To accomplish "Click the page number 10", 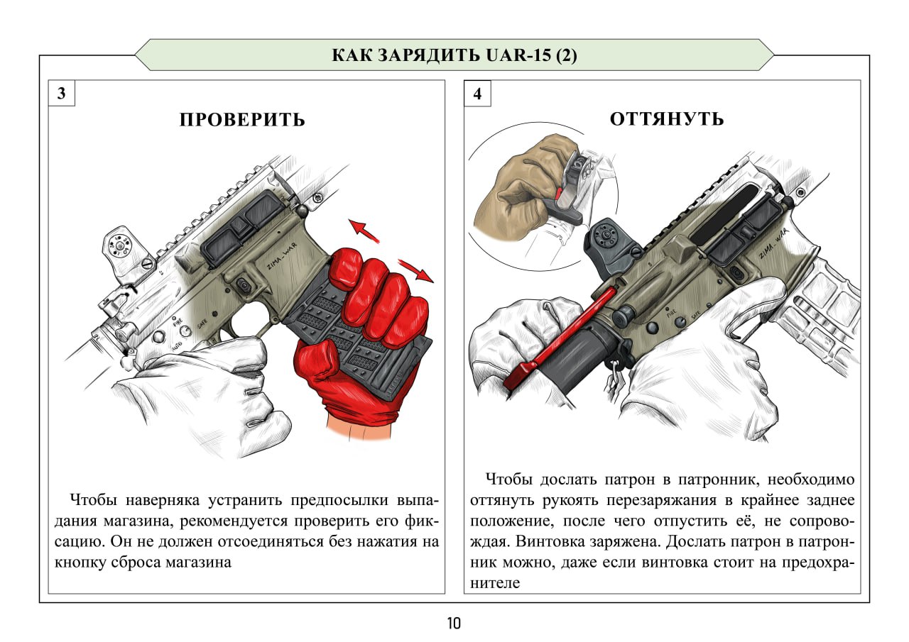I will click(454, 624).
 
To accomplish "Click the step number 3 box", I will click(62, 94).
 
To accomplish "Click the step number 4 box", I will click(477, 94).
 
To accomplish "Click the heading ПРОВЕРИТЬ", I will click(242, 119).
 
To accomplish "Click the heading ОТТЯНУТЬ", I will click(666, 118).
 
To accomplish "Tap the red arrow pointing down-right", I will click(416, 270).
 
